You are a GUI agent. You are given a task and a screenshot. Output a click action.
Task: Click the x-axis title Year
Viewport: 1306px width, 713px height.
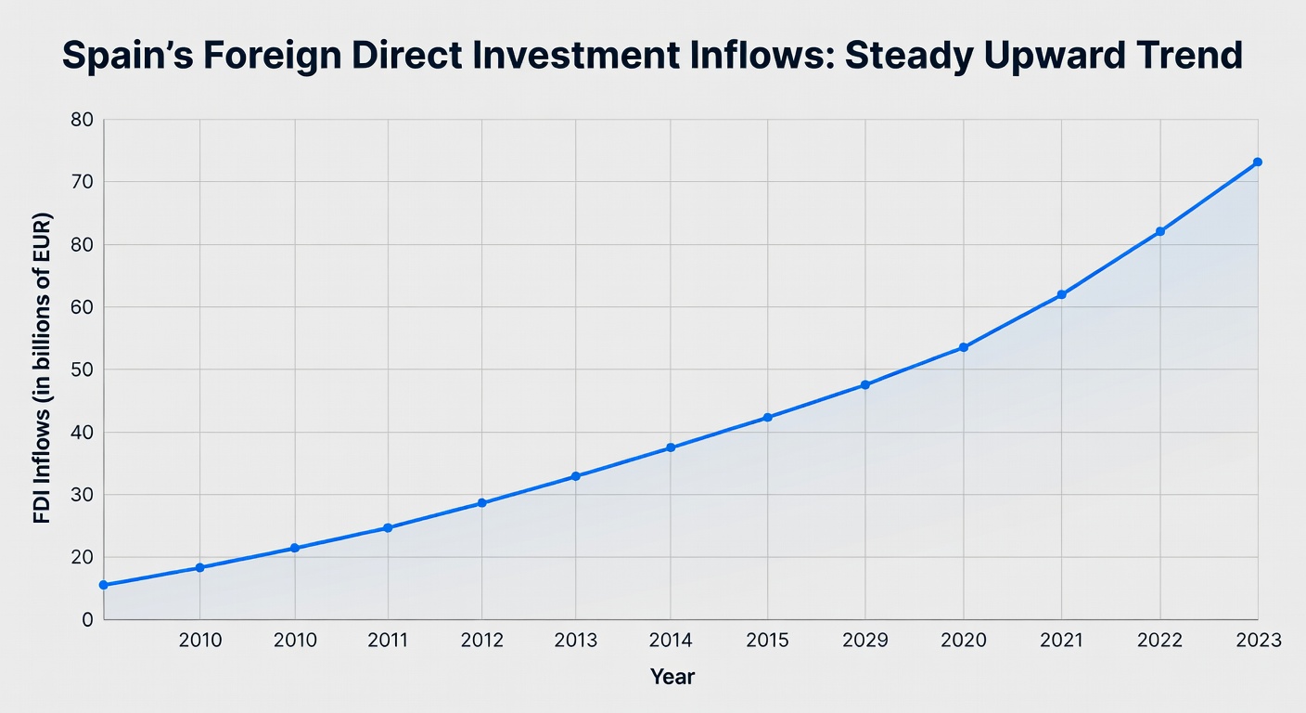coord(672,677)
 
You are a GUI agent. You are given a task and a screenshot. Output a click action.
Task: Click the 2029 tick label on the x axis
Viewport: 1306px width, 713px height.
coord(865,641)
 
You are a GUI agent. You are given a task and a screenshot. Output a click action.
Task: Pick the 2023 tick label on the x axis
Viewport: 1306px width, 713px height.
coord(1258,641)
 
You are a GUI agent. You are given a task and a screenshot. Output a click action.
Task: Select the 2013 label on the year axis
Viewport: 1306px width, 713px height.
coord(575,641)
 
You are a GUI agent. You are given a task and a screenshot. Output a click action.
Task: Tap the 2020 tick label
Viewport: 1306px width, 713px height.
coord(964,641)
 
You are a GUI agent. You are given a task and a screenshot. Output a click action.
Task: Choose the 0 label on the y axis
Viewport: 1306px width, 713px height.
coord(87,619)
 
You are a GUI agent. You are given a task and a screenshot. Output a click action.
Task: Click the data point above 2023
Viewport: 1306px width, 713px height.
coord(1258,162)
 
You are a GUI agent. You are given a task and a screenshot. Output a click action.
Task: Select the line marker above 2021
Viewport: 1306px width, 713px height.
coord(1062,294)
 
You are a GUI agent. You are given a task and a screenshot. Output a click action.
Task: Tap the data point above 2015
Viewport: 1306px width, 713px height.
coord(767,418)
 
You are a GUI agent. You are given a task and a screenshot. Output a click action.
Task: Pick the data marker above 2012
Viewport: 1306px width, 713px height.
coord(482,503)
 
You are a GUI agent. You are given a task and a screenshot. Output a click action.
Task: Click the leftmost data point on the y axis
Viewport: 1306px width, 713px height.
coord(103,585)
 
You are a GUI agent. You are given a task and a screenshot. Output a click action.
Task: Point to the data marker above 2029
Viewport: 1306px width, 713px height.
coord(865,384)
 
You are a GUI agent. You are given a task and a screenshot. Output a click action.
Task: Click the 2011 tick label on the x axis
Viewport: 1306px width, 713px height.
coord(388,641)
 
